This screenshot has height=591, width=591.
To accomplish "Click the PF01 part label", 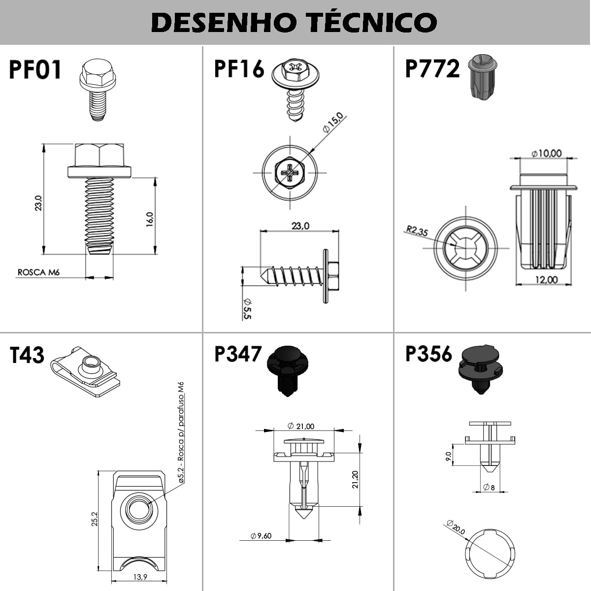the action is [35, 70].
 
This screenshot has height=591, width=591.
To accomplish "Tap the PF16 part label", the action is [239, 68].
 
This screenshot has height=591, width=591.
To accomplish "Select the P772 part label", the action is [432, 68].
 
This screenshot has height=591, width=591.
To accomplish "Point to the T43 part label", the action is [27, 355].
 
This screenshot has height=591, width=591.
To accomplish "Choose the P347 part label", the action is [238, 354].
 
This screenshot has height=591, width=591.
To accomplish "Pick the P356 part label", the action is [428, 354].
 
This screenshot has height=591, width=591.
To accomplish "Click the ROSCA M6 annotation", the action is [38, 272].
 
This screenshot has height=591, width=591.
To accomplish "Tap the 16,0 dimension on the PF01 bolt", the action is [150, 219].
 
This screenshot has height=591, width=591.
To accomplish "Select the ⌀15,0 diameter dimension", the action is [333, 123].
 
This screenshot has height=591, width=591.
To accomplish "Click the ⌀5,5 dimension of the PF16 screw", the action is [247, 309].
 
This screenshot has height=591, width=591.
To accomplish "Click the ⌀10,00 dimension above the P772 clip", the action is [546, 153].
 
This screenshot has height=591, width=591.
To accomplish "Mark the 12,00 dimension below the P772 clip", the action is [547, 279].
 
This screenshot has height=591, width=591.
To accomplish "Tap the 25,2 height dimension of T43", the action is [95, 519].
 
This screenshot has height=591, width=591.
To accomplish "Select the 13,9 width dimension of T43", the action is [140, 577].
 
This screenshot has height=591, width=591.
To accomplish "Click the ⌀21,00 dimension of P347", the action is [301, 426].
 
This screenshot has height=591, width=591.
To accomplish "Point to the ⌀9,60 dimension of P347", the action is [261, 536].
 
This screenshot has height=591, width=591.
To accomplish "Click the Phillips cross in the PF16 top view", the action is [290, 172].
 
